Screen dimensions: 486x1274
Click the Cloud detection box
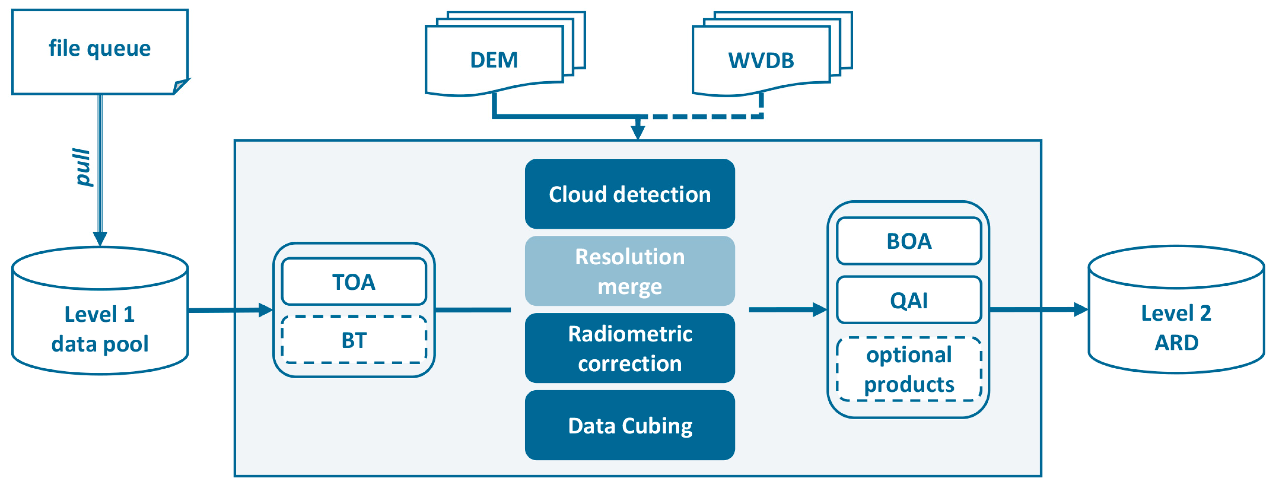point(629,194)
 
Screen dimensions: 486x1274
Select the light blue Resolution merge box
point(629,271)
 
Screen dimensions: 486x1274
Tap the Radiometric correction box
point(629,348)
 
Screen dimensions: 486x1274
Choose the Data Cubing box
point(629,425)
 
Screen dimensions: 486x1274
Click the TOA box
point(354,282)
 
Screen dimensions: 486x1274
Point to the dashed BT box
point(354,340)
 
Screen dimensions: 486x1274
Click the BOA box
point(909,241)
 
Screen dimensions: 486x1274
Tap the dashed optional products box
point(909,369)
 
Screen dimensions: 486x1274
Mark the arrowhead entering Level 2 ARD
point(1081,309)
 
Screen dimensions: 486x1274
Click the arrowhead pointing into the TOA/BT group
point(266,310)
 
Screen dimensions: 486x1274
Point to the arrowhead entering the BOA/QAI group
point(820,309)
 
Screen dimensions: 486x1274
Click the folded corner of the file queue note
point(181,86)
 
